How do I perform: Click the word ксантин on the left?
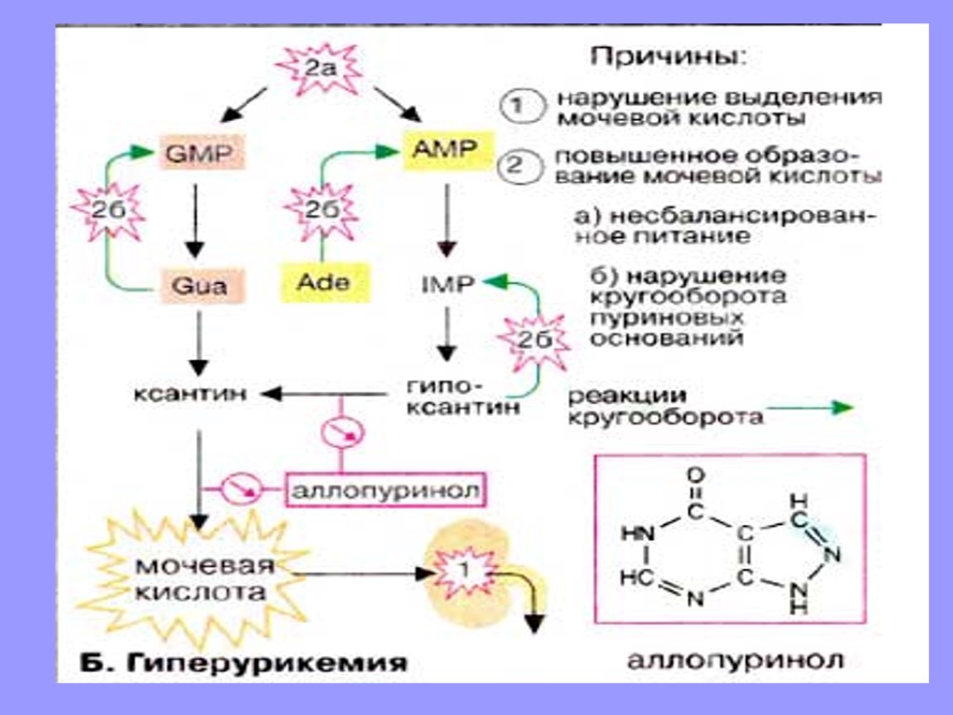tap(189, 394)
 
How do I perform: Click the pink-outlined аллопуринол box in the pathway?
tap(386, 489)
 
